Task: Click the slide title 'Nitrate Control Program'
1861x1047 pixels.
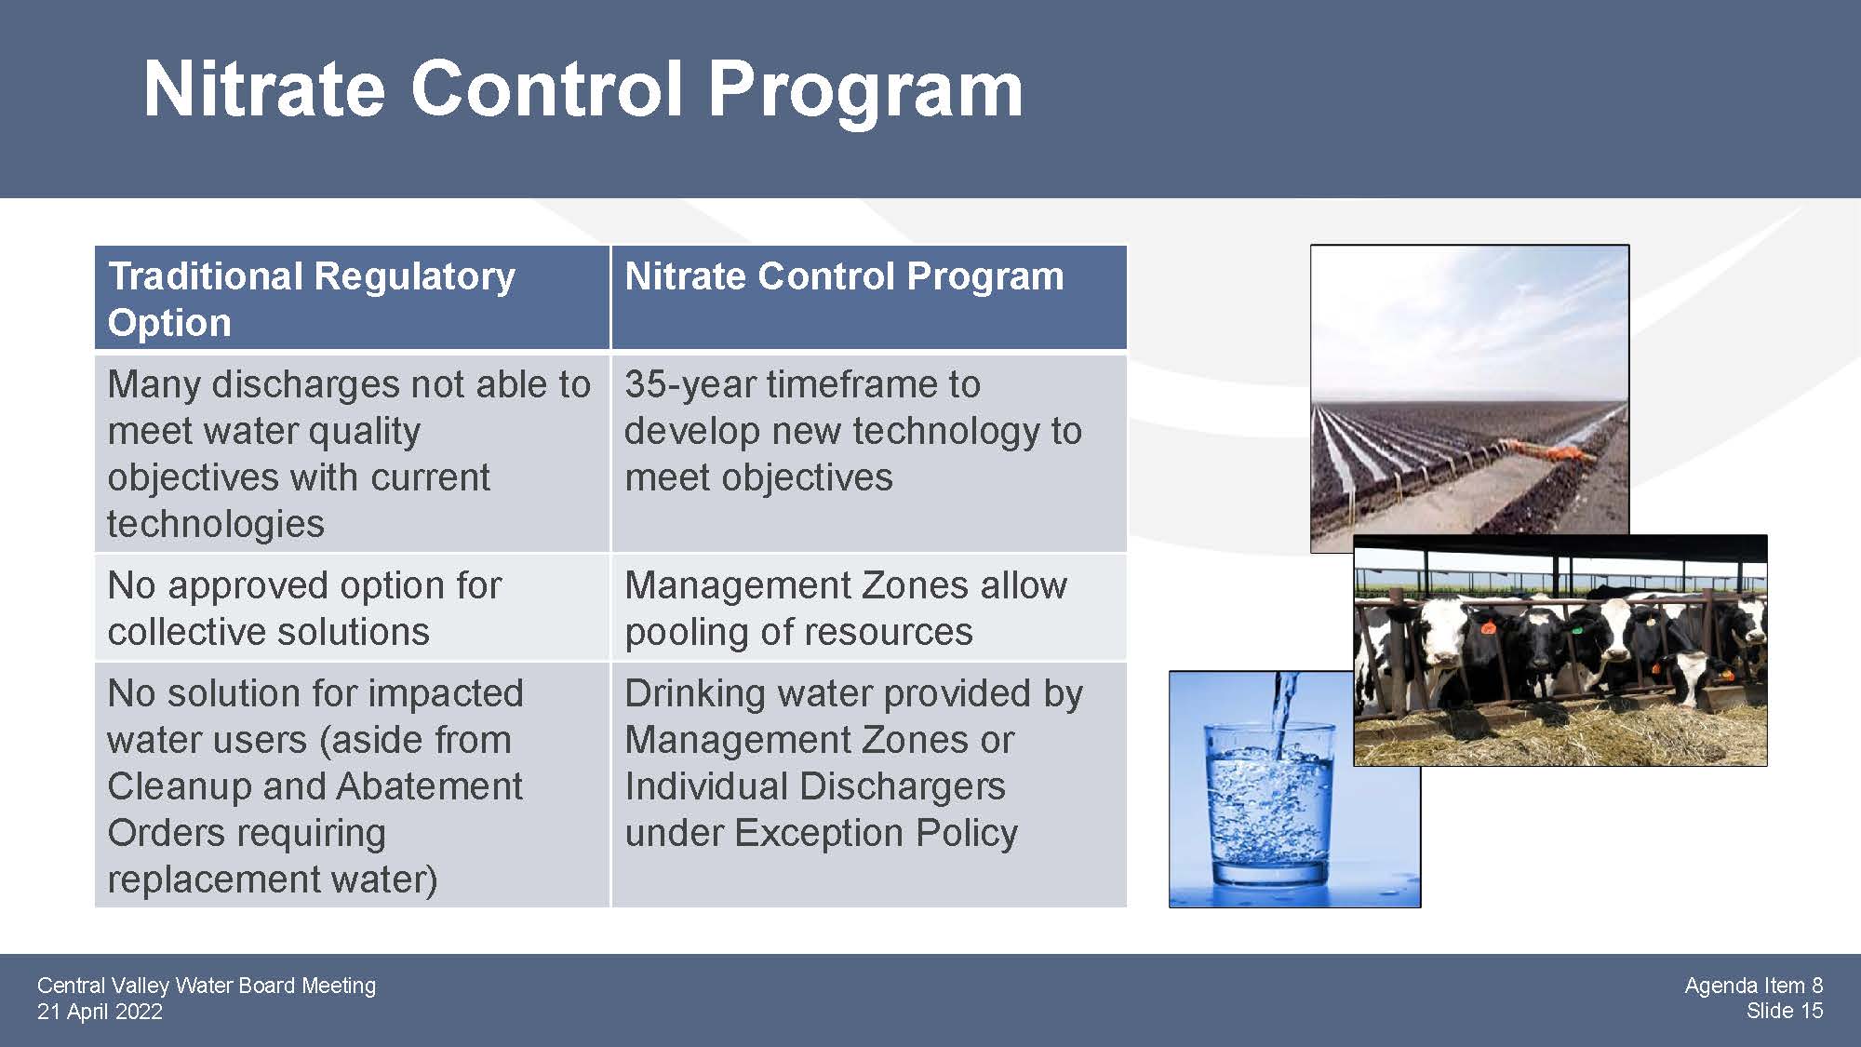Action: click(x=582, y=90)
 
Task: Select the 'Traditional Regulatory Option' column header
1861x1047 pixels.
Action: click(x=352, y=299)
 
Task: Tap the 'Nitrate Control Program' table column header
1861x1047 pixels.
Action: click(x=869, y=299)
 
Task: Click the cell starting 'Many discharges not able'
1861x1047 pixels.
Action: click(x=352, y=453)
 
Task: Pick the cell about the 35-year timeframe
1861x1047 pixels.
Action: click(x=869, y=453)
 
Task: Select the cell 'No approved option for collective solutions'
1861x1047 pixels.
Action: click(x=352, y=608)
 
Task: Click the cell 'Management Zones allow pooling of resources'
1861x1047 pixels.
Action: click(x=869, y=608)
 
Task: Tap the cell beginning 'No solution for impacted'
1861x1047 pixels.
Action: click(x=352, y=785)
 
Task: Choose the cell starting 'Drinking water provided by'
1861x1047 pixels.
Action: click(x=869, y=785)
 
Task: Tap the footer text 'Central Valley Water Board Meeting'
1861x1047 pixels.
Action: click(x=207, y=986)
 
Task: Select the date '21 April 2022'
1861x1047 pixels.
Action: click(x=100, y=1012)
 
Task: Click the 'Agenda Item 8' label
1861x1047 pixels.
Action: click(x=1753, y=986)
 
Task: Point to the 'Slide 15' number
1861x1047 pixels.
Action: click(x=1785, y=1011)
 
